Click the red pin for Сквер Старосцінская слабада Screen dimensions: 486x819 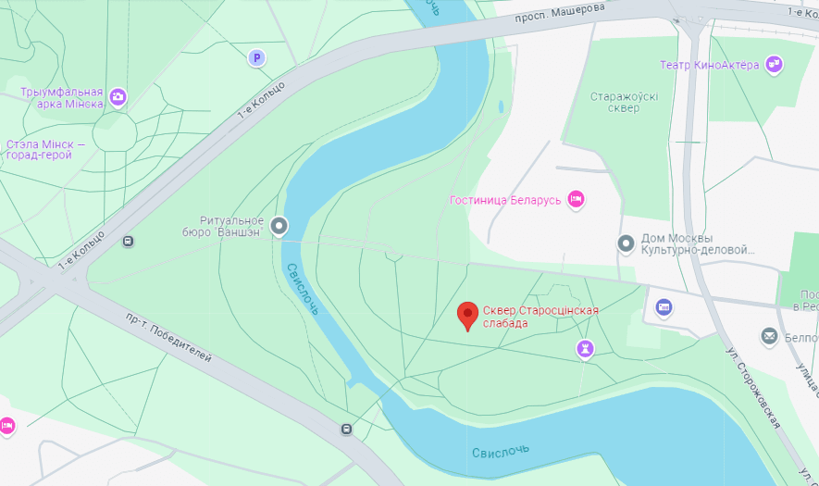pyautogui.click(x=468, y=316)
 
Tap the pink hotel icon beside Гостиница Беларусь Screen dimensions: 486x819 pyautogui.click(x=576, y=199)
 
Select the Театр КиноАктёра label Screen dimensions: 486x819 pyautogui.click(x=710, y=65)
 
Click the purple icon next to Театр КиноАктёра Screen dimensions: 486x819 pyautogui.click(x=775, y=65)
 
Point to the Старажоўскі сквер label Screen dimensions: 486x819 pyautogui.click(x=615, y=102)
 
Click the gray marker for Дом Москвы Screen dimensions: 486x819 pyautogui.click(x=627, y=243)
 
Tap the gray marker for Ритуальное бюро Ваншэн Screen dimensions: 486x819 pyautogui.click(x=279, y=226)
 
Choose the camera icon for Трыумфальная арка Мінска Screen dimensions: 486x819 pyautogui.click(x=118, y=96)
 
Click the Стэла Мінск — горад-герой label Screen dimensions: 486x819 pyautogui.click(x=45, y=150)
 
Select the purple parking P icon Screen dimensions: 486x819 pyautogui.click(x=256, y=58)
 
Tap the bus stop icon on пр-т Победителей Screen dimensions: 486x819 pyautogui.click(x=346, y=429)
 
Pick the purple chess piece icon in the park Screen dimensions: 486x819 pyautogui.click(x=584, y=347)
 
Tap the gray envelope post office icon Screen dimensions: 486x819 pyautogui.click(x=769, y=337)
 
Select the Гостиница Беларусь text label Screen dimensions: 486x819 pyautogui.click(x=505, y=200)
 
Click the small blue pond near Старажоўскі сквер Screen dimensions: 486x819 pyautogui.click(x=501, y=106)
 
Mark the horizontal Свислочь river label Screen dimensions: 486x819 pyautogui.click(x=501, y=452)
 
